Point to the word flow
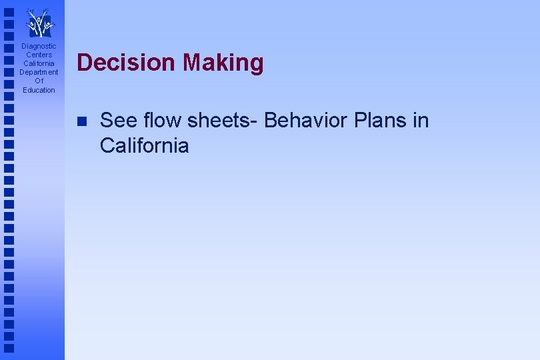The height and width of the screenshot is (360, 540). tap(161, 121)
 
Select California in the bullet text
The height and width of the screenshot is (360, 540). tap(144, 145)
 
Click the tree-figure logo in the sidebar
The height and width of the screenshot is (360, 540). tap(39, 23)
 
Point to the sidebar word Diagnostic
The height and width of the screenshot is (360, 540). tap(39, 46)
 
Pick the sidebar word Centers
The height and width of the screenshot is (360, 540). tap(39, 55)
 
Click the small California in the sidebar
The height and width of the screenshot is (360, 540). tap(39, 63)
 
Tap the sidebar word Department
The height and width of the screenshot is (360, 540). tap(39, 72)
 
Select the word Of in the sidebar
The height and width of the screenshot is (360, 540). tap(39, 81)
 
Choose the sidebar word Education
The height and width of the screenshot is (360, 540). tap(39, 90)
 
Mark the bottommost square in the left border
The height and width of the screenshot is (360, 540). tap(8, 348)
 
